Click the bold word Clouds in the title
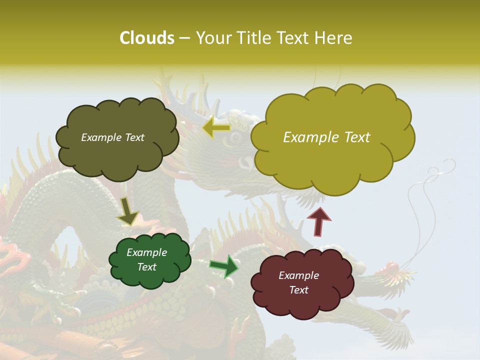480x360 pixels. (x=146, y=38)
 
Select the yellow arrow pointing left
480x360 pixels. (x=216, y=128)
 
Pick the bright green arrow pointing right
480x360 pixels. (x=224, y=265)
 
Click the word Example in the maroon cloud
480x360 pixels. (x=298, y=275)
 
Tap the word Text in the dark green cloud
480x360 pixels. (x=146, y=267)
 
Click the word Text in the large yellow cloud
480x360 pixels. (x=354, y=137)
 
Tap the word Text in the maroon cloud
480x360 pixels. (x=298, y=290)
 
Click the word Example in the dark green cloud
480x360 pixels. (x=146, y=252)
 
